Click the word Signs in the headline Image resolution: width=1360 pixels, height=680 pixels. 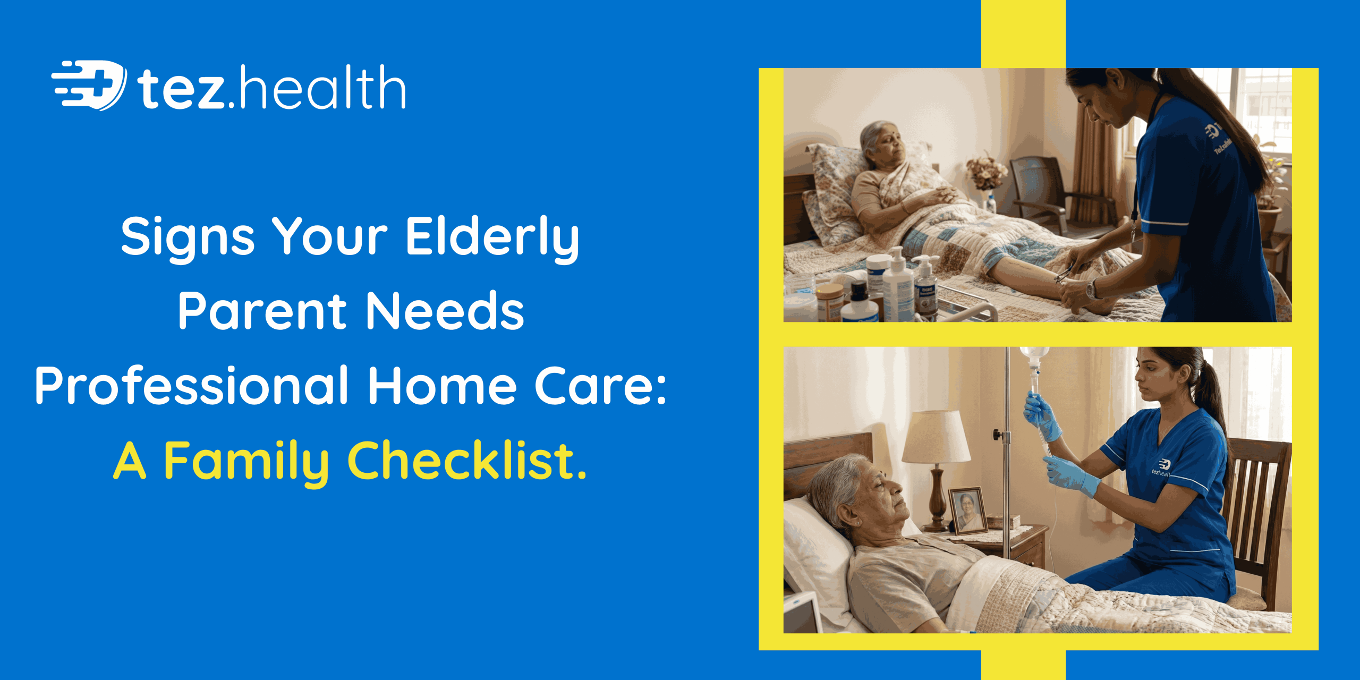coord(188,237)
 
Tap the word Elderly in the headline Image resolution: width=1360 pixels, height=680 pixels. coord(492,237)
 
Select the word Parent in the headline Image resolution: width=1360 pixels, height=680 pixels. coord(262,311)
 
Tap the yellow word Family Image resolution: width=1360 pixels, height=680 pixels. coord(245,460)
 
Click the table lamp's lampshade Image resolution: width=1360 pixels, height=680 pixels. coord(936,437)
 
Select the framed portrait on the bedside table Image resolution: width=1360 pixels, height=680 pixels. coord(967,510)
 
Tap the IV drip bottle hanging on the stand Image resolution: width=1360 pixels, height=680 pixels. coord(1034,361)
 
